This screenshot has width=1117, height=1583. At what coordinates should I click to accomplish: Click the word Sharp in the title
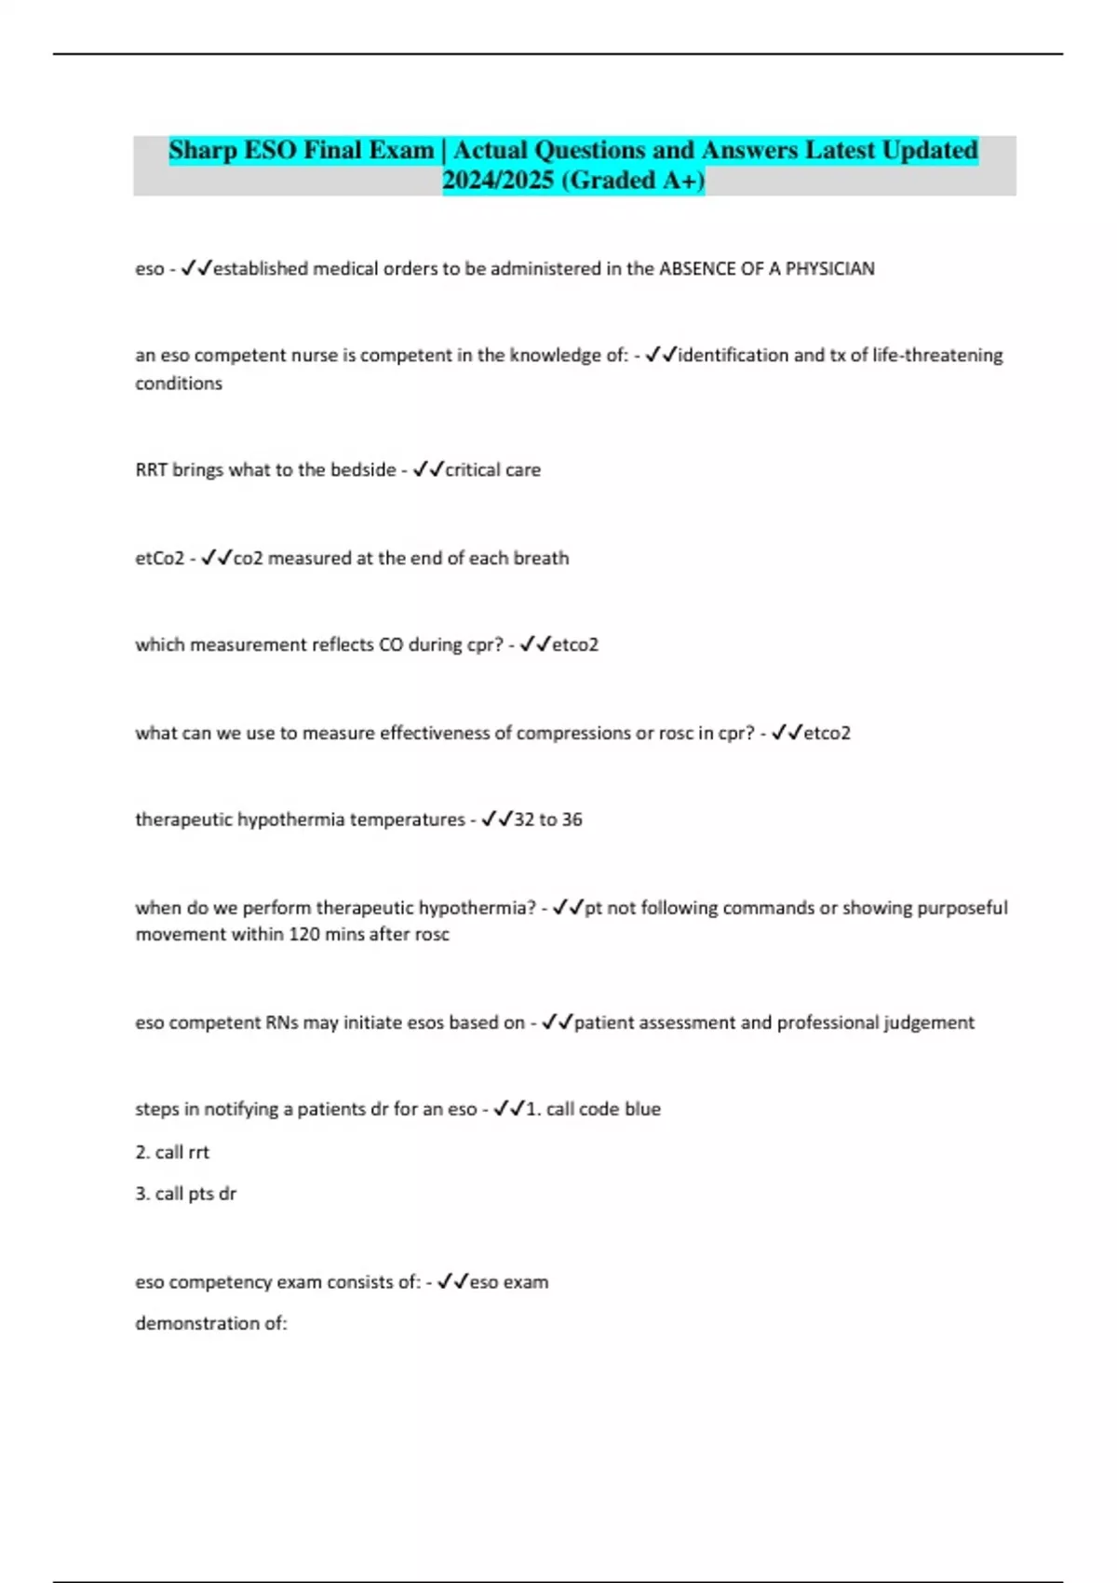tap(202, 151)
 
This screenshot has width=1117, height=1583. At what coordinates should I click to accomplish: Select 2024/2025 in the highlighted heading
tap(498, 181)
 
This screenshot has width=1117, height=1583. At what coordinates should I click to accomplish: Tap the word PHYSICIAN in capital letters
tap(829, 269)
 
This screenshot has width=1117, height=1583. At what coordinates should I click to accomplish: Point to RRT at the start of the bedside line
tap(151, 470)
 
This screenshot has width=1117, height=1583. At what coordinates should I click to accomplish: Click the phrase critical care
tap(492, 470)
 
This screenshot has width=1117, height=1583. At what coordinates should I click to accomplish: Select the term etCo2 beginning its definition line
tap(159, 559)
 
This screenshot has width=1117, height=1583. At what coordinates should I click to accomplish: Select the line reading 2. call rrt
tap(172, 1153)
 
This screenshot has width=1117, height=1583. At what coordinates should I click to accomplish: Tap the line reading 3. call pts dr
tap(185, 1194)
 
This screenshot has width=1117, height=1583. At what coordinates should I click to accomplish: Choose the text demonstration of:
tap(211, 1323)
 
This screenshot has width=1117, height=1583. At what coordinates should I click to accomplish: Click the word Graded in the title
tap(614, 181)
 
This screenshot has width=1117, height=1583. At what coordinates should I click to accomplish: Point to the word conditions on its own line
tap(179, 384)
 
